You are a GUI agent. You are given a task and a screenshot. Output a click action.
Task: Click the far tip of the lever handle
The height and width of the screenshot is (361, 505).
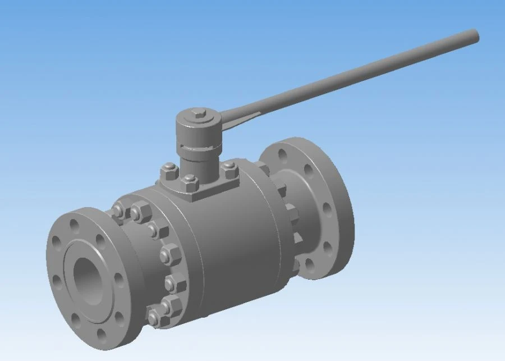[x=474, y=35]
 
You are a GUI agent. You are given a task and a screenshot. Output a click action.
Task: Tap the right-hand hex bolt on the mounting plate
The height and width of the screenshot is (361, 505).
[x=229, y=168]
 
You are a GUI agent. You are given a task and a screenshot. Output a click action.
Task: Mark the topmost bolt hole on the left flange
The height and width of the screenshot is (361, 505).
[x=75, y=225]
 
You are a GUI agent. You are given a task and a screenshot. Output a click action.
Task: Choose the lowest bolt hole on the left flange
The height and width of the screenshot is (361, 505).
[x=101, y=335]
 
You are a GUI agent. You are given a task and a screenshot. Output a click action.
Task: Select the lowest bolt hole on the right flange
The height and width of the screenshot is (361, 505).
[x=310, y=263]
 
